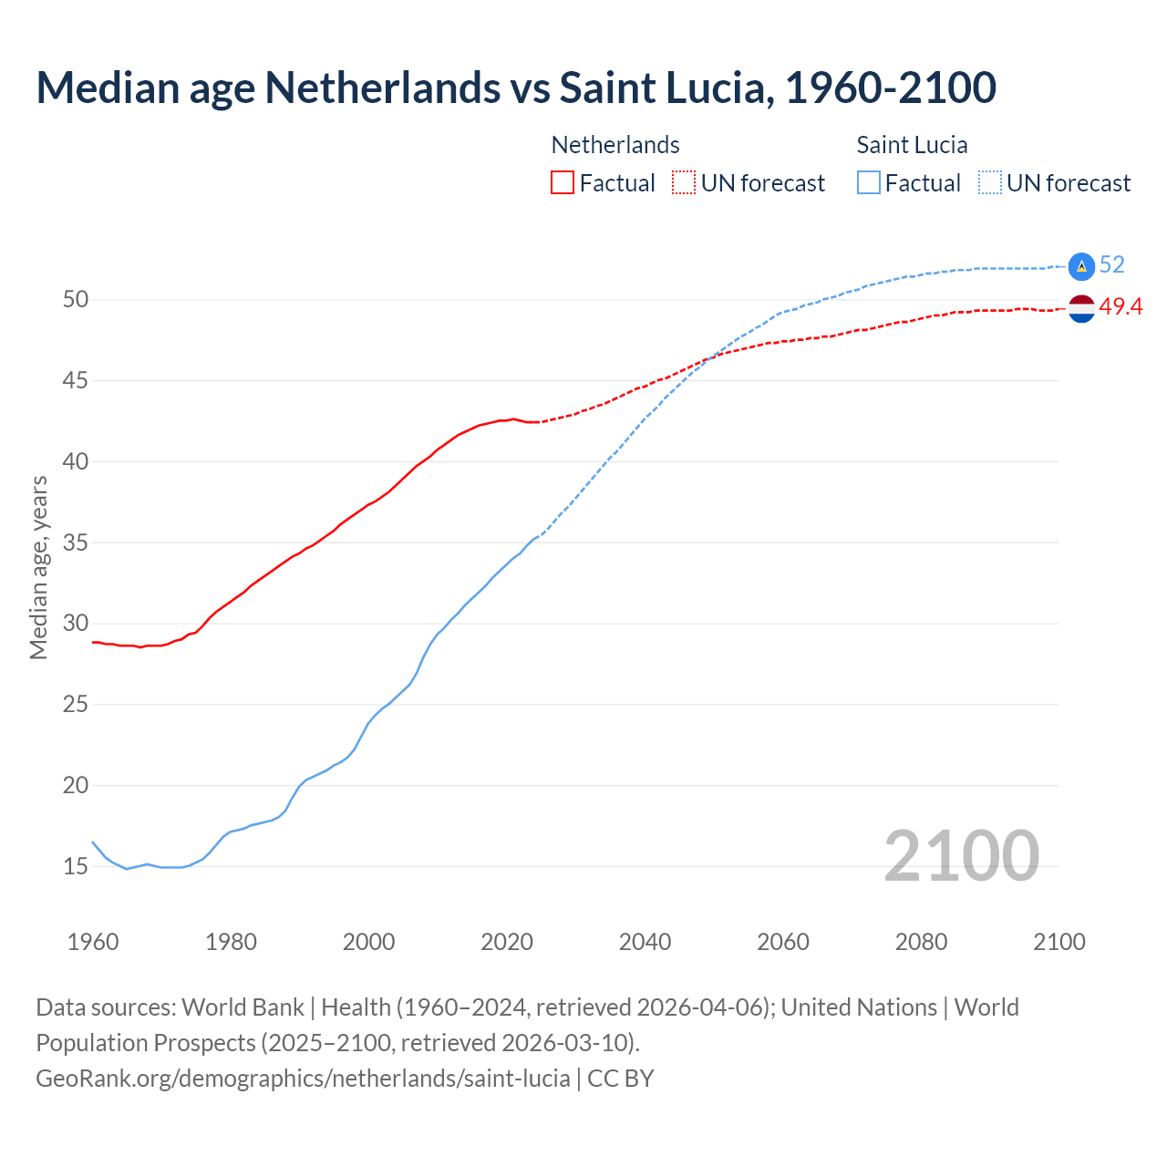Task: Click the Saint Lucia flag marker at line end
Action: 1081,266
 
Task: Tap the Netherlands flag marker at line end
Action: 1081,309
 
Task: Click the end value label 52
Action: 1112,265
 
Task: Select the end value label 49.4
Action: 1121,307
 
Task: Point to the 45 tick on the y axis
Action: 76,380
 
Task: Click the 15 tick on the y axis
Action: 76,866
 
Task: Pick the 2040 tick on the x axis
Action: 645,942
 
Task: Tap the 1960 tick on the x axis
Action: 93,942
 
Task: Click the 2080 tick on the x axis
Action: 921,942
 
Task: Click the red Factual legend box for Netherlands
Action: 563,183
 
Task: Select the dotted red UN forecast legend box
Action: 684,183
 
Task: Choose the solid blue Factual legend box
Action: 869,183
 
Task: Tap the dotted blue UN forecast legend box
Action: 990,183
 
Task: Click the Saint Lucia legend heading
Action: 912,145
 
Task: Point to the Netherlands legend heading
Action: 615,145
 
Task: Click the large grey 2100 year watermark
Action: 961,855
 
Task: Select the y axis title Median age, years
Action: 38,567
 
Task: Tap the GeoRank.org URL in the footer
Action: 303,1079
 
